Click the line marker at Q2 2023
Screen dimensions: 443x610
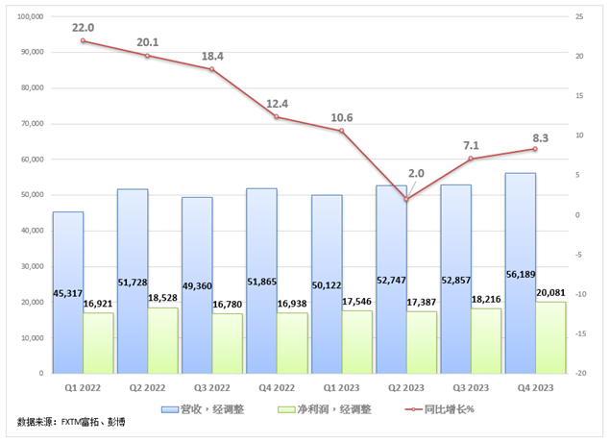point(406,199)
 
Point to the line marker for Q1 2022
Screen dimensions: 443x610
point(84,40)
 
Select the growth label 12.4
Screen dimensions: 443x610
point(277,103)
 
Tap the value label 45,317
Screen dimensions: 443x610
point(67,293)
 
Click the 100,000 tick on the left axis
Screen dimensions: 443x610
point(32,17)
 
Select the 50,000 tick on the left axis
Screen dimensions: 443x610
point(35,195)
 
